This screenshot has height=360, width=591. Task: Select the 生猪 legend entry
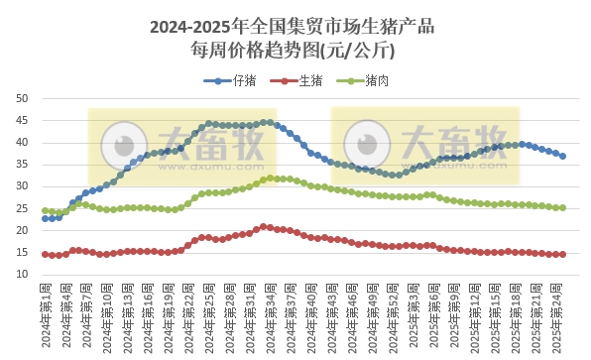(x=295, y=81)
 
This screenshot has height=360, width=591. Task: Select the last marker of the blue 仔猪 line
(x=563, y=156)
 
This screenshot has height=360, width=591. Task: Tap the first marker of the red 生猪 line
(x=46, y=254)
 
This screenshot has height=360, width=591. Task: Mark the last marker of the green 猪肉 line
(x=563, y=207)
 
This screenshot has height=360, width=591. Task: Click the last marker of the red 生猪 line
(x=563, y=254)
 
